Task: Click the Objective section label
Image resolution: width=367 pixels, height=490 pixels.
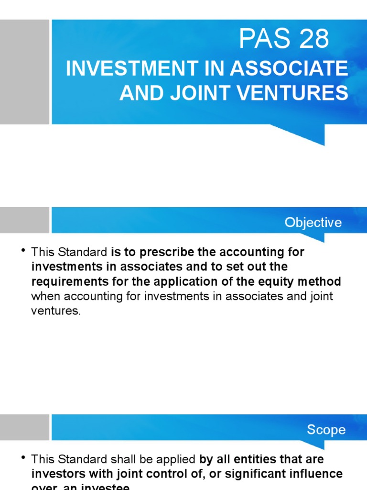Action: pyautogui.click(x=313, y=223)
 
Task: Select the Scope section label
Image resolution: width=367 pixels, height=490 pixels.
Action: pyautogui.click(x=326, y=430)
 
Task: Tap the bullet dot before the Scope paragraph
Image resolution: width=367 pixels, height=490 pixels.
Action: pyautogui.click(x=23, y=458)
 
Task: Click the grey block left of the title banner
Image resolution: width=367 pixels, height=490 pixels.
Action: pyautogui.click(x=24, y=72)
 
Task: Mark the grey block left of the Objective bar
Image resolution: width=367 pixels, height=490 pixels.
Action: pyautogui.click(x=24, y=220)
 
